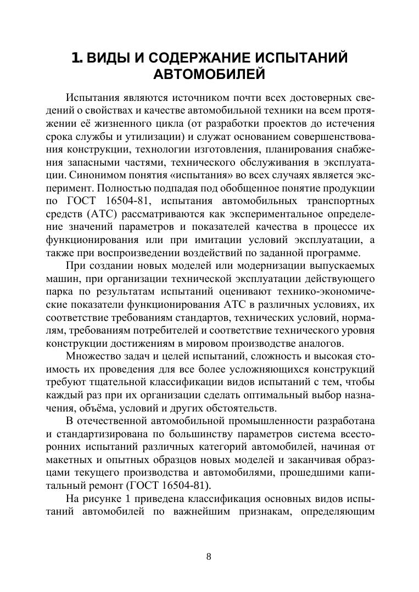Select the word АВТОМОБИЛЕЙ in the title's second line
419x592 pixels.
(x=209, y=74)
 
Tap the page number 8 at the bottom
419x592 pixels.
(x=209, y=556)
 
